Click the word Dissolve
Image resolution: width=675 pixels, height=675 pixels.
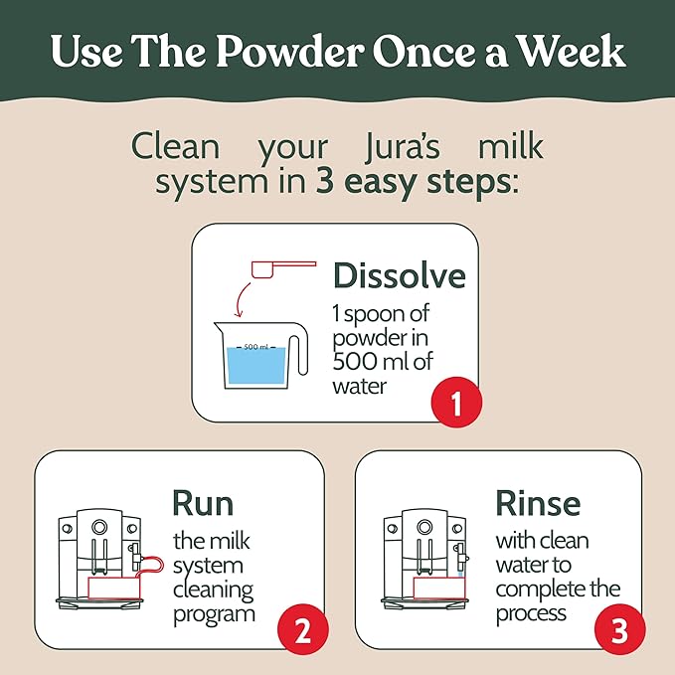pos(399,275)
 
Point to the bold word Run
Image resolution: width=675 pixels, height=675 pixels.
pos(210,502)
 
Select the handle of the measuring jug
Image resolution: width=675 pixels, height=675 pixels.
pos(298,355)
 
